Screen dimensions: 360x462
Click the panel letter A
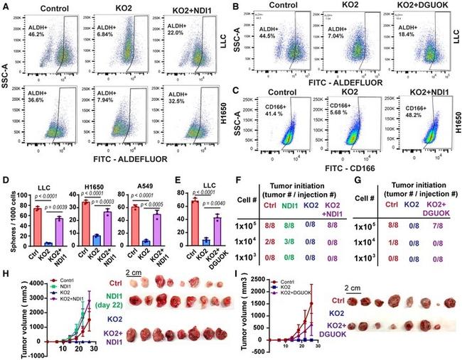pyautogui.click(x=5, y=6)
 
